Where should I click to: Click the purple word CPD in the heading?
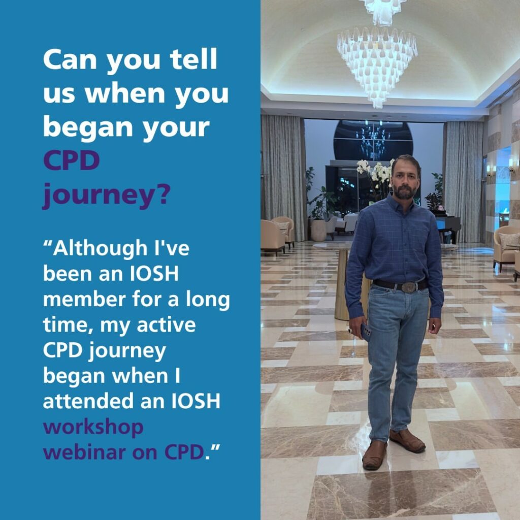click(x=72, y=160)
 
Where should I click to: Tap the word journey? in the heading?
click(x=107, y=196)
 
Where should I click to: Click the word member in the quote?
click(x=85, y=299)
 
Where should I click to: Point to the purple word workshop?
click(x=93, y=428)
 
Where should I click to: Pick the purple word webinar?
click(x=85, y=452)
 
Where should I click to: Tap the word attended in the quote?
click(x=89, y=401)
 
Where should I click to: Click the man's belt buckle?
click(x=410, y=286)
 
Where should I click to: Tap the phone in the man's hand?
click(x=366, y=332)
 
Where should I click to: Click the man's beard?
click(x=404, y=191)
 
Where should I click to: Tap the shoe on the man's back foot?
click(x=407, y=441)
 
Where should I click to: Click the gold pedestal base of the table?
click(x=342, y=285)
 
